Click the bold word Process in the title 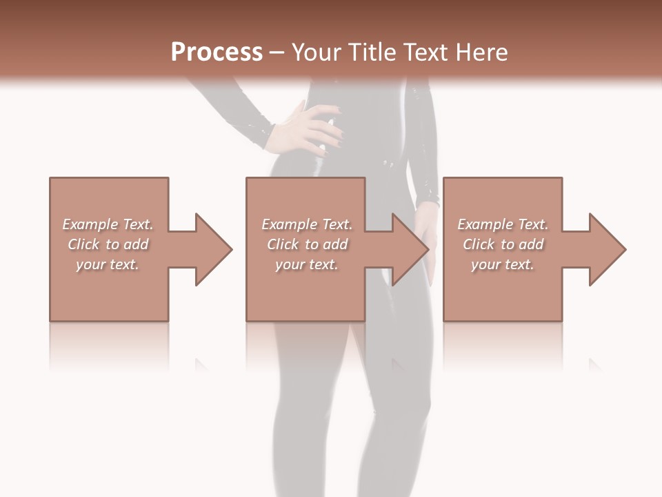click(x=217, y=52)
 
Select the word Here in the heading click(x=484, y=52)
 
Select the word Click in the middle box click(x=283, y=244)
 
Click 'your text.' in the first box click(x=108, y=264)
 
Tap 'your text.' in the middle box click(x=307, y=264)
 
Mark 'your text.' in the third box click(x=503, y=264)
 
